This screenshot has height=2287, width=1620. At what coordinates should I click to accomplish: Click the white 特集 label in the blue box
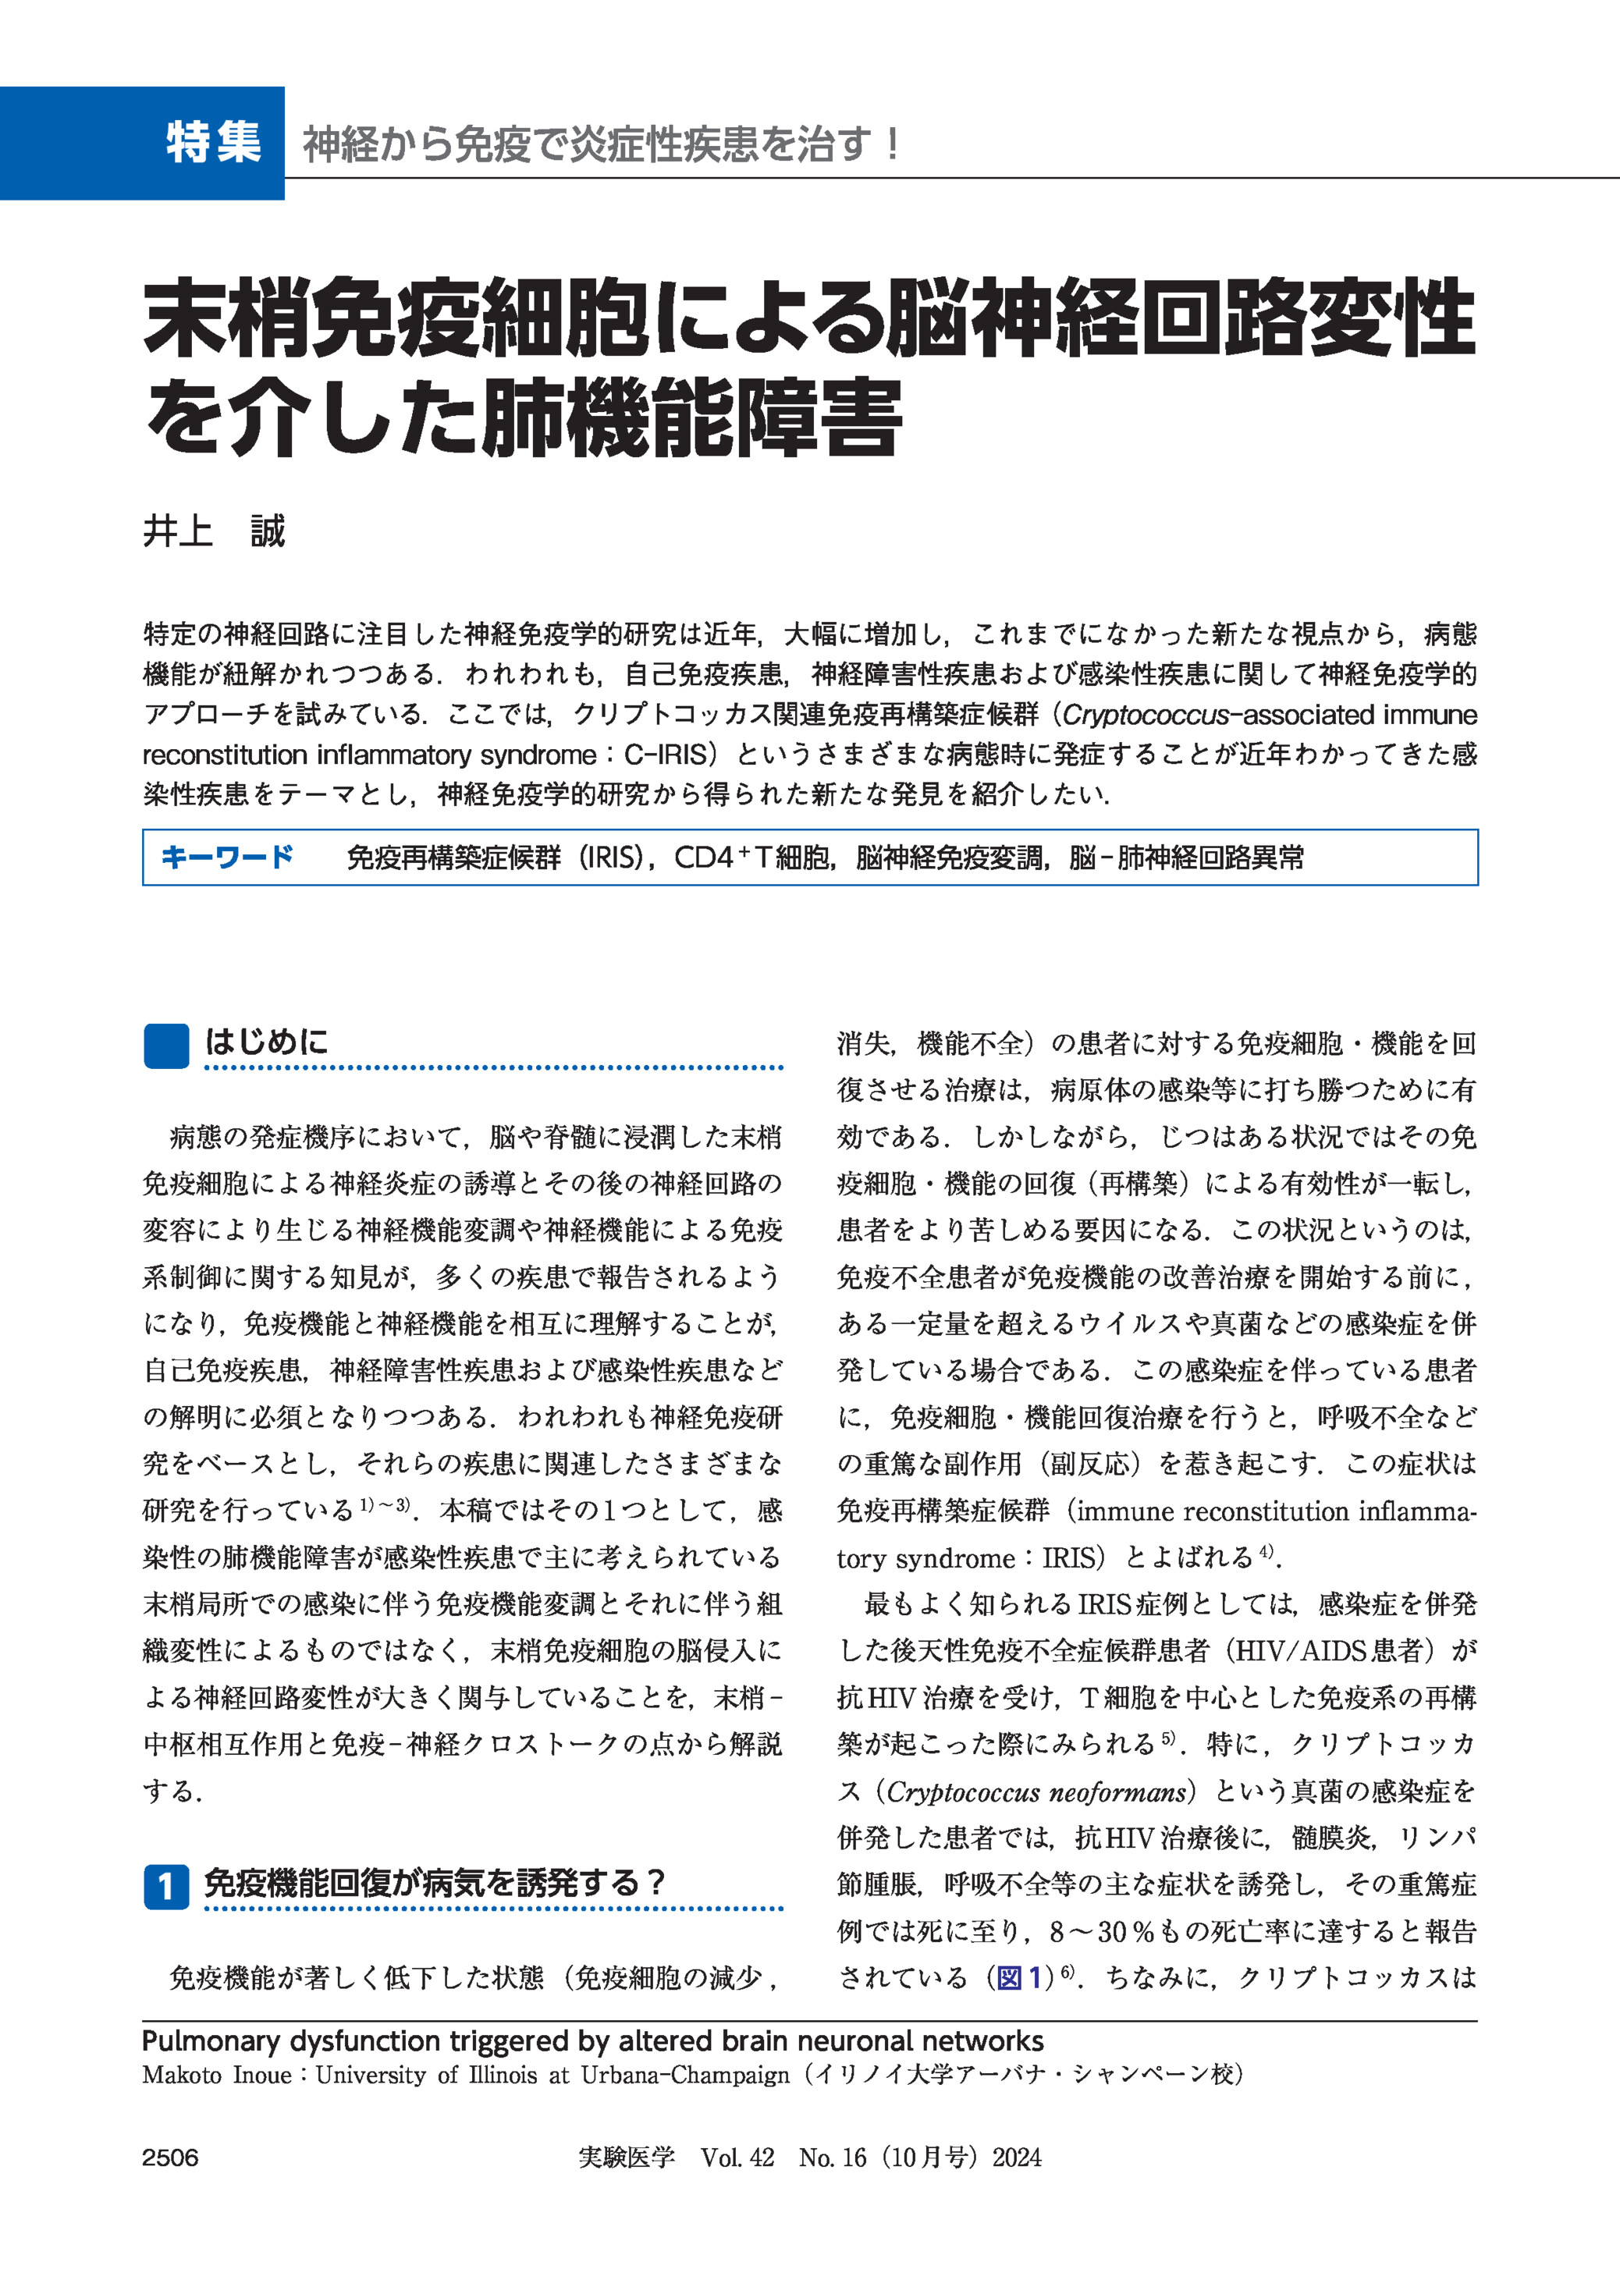[x=214, y=143]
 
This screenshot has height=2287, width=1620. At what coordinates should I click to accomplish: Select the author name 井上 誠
[x=214, y=531]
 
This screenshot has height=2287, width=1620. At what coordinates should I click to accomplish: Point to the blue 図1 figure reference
[x=1018, y=1976]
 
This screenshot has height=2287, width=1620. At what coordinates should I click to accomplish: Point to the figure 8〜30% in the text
[x=1100, y=1931]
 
